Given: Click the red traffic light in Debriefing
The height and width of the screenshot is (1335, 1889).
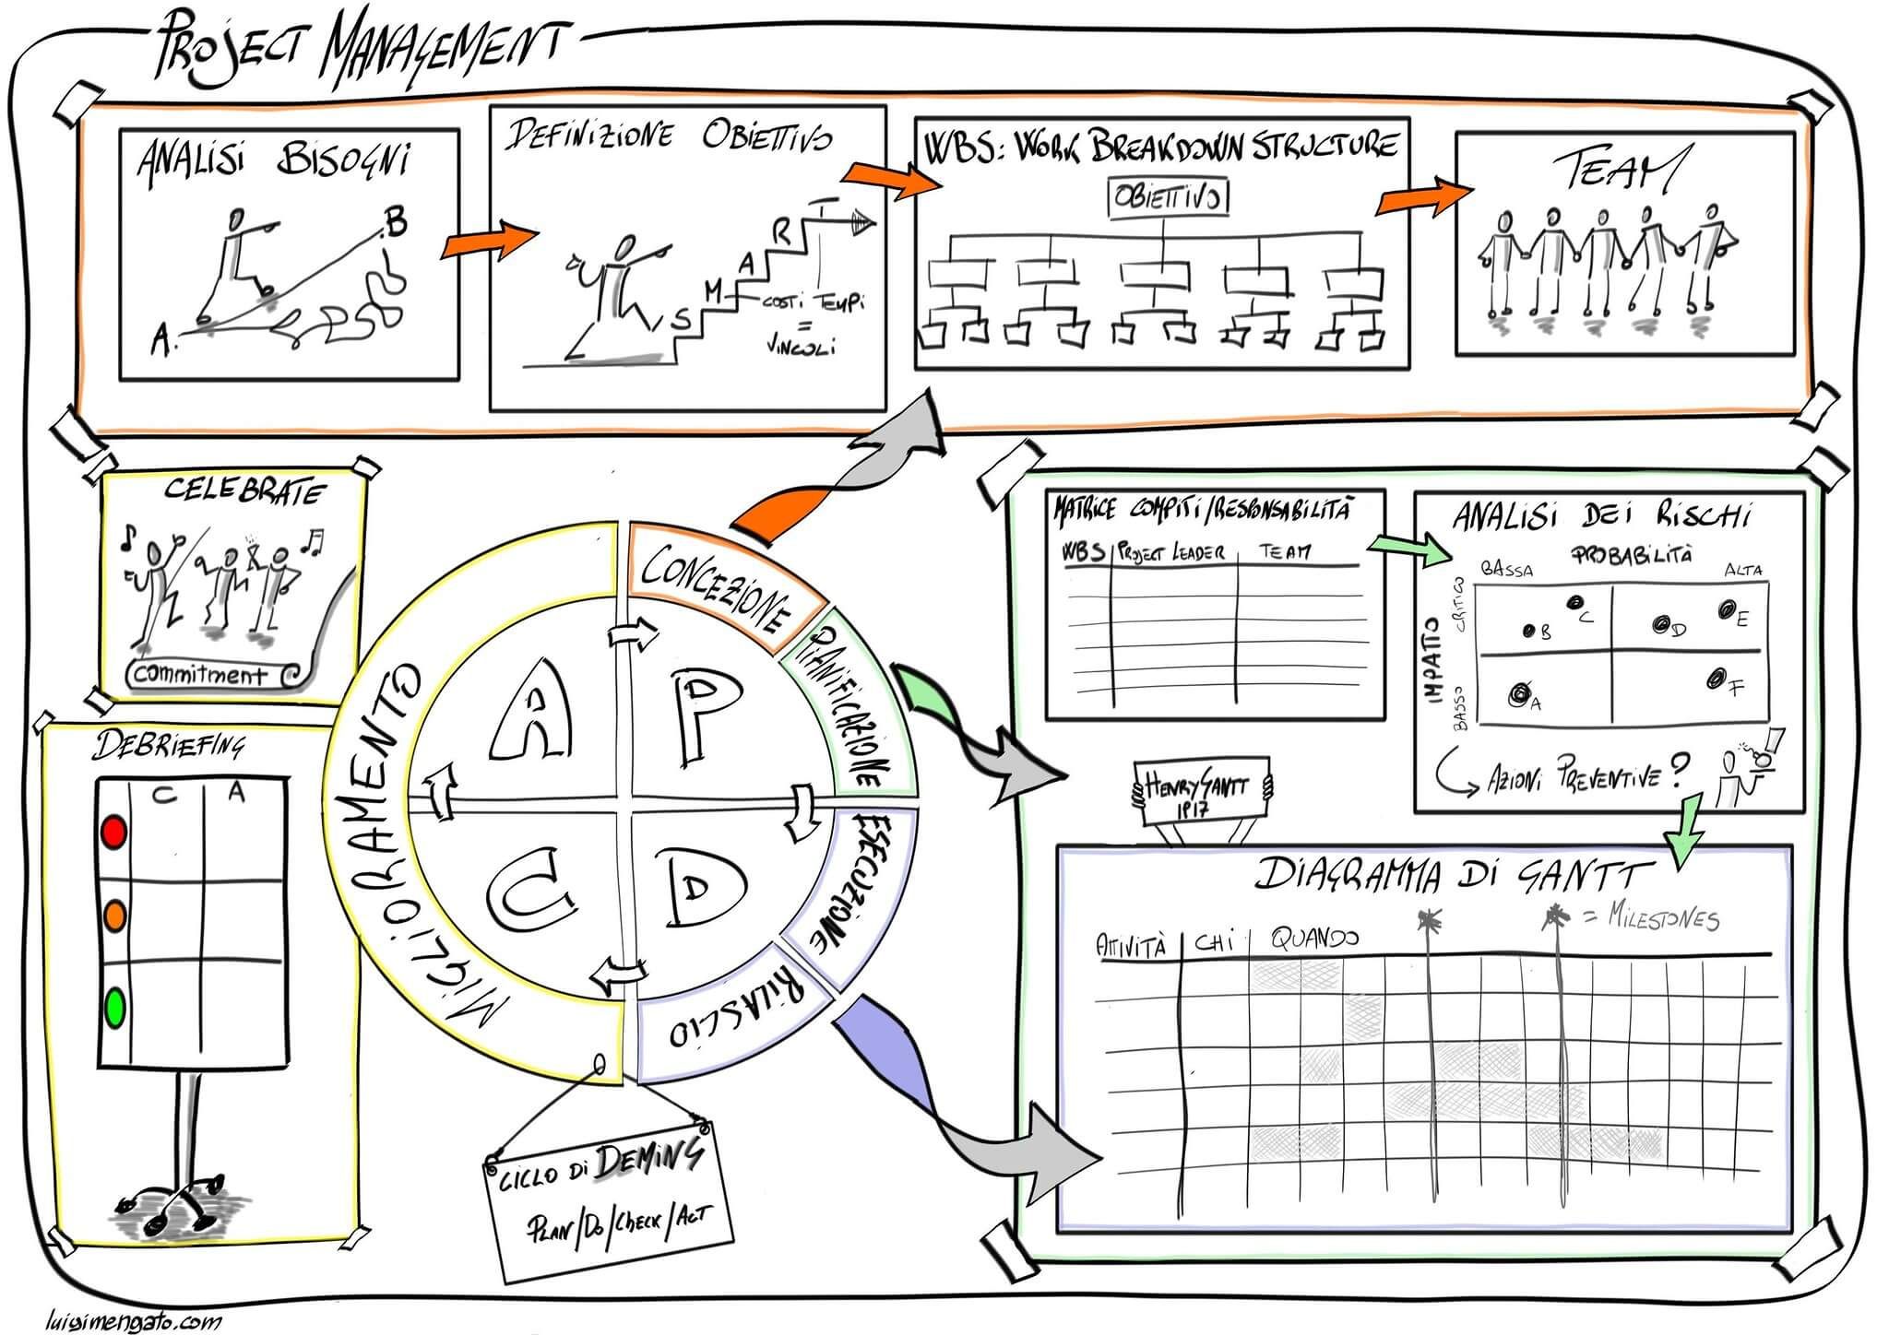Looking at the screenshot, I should click(113, 833).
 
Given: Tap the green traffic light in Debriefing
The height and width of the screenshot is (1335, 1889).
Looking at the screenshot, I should click(114, 1007).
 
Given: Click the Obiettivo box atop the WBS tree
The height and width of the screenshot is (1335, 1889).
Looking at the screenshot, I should click(1169, 197).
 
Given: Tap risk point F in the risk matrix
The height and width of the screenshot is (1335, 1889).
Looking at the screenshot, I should click(1716, 679).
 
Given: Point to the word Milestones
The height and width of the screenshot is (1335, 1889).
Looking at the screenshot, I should click(1662, 918).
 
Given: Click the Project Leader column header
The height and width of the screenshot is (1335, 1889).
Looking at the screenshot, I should click(1171, 552).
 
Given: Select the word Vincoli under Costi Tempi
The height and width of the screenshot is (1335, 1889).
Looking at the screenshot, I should click(799, 348).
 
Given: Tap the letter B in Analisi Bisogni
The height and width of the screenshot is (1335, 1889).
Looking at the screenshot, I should click(394, 222).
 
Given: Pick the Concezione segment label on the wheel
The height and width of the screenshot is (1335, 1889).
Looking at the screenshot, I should click(716, 586).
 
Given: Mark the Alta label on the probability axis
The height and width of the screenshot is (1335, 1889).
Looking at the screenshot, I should click(1742, 571).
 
